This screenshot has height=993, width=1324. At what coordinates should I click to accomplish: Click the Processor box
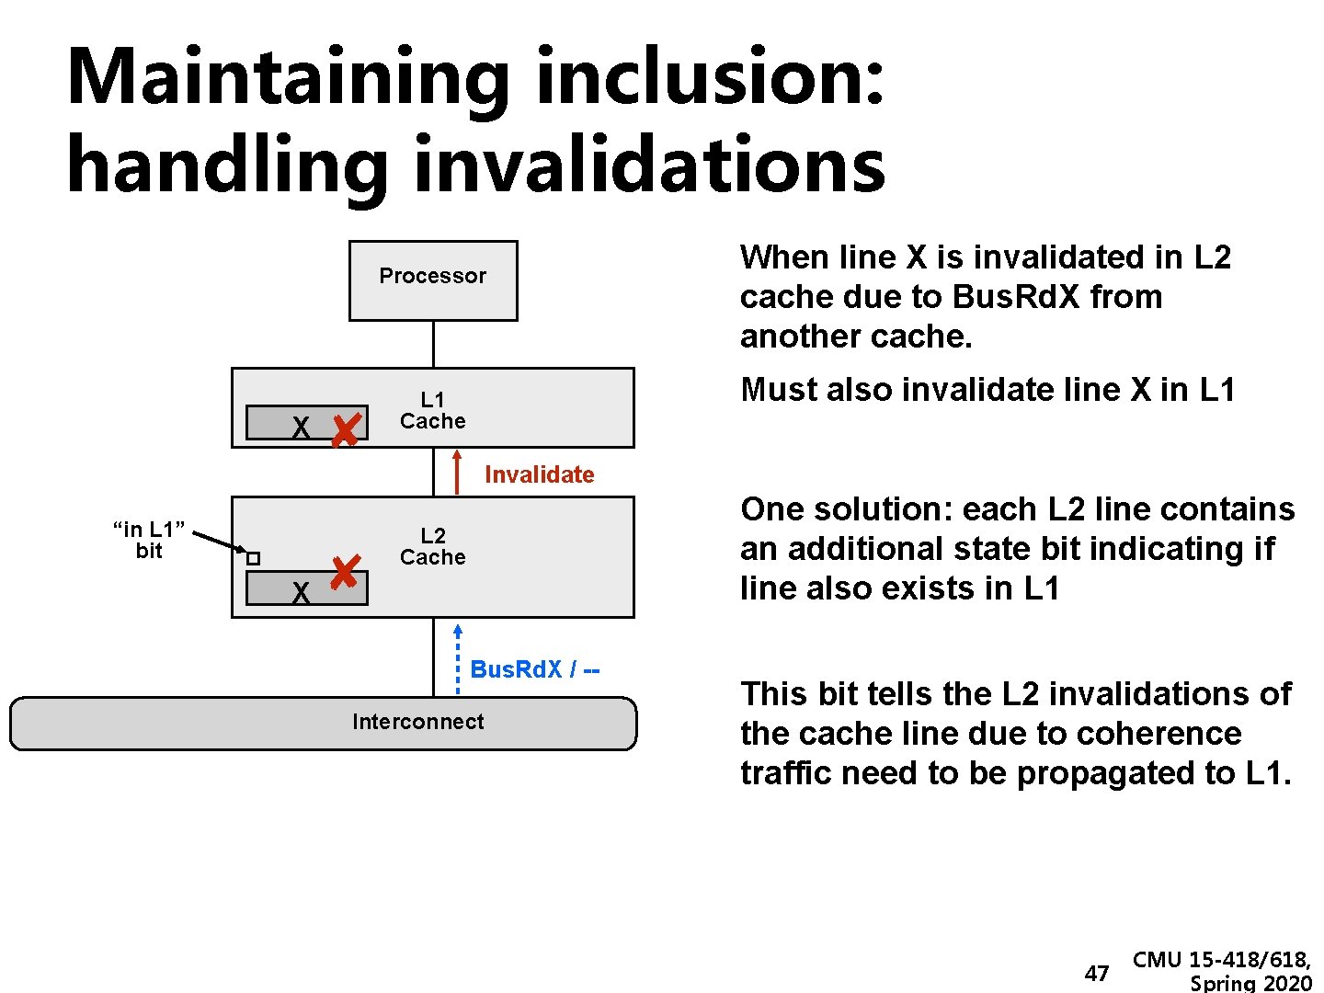433,280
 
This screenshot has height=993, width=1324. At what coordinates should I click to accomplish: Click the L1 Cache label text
432,410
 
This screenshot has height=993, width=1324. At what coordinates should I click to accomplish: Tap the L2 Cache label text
432,546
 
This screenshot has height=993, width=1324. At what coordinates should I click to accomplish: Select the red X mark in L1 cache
345,429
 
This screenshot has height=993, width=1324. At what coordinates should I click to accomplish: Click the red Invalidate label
539,474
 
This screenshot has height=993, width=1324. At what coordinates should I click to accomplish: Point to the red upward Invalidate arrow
457,472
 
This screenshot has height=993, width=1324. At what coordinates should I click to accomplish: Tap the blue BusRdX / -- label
534,669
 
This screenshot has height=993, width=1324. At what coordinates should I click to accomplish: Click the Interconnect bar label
417,722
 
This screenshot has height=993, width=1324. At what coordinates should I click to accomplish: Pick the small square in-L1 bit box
254,558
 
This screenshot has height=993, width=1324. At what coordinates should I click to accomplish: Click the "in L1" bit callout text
149,540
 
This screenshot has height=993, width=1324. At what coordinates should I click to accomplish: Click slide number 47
1097,973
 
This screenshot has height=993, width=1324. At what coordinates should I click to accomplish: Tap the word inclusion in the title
709,78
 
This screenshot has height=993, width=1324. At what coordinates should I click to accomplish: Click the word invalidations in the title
649,165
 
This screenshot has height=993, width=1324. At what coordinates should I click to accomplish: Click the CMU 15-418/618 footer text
1222,960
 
